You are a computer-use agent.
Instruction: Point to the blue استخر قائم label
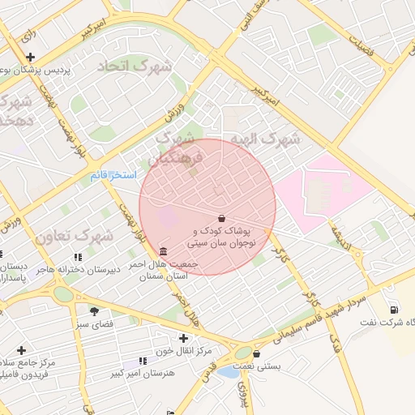[x=113, y=175]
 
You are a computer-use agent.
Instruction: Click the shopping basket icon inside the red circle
[x=222, y=217]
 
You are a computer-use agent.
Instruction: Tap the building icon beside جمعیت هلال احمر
[x=165, y=250]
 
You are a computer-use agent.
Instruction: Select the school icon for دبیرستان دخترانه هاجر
[x=79, y=257]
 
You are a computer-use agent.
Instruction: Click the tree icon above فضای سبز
[x=95, y=310]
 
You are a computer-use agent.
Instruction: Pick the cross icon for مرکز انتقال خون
[x=184, y=338]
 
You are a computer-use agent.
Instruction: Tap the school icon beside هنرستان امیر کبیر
[x=143, y=361]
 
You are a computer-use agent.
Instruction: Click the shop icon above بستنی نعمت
[x=257, y=353]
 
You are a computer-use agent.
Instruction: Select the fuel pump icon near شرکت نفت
[x=394, y=309]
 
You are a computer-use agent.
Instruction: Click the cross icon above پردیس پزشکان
[x=30, y=57]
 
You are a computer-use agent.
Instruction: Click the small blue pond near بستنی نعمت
[x=228, y=372]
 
